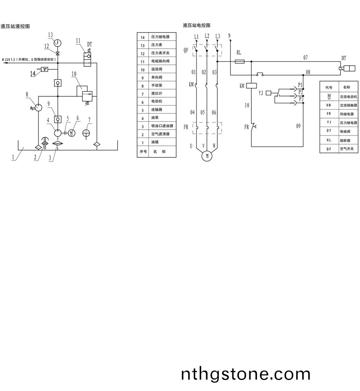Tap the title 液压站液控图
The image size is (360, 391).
(15, 26)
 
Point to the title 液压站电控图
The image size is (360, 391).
(196, 25)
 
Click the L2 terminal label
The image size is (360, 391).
(207, 36)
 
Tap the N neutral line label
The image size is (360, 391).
(230, 36)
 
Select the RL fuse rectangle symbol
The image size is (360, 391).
(239, 61)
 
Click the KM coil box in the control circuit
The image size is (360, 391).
(252, 86)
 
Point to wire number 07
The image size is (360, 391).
(305, 58)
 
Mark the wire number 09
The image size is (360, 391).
(298, 126)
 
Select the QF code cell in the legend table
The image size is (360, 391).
(329, 149)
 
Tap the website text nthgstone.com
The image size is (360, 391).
(246, 374)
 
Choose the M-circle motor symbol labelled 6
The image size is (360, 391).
(73, 133)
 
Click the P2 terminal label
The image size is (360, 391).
(301, 92)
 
